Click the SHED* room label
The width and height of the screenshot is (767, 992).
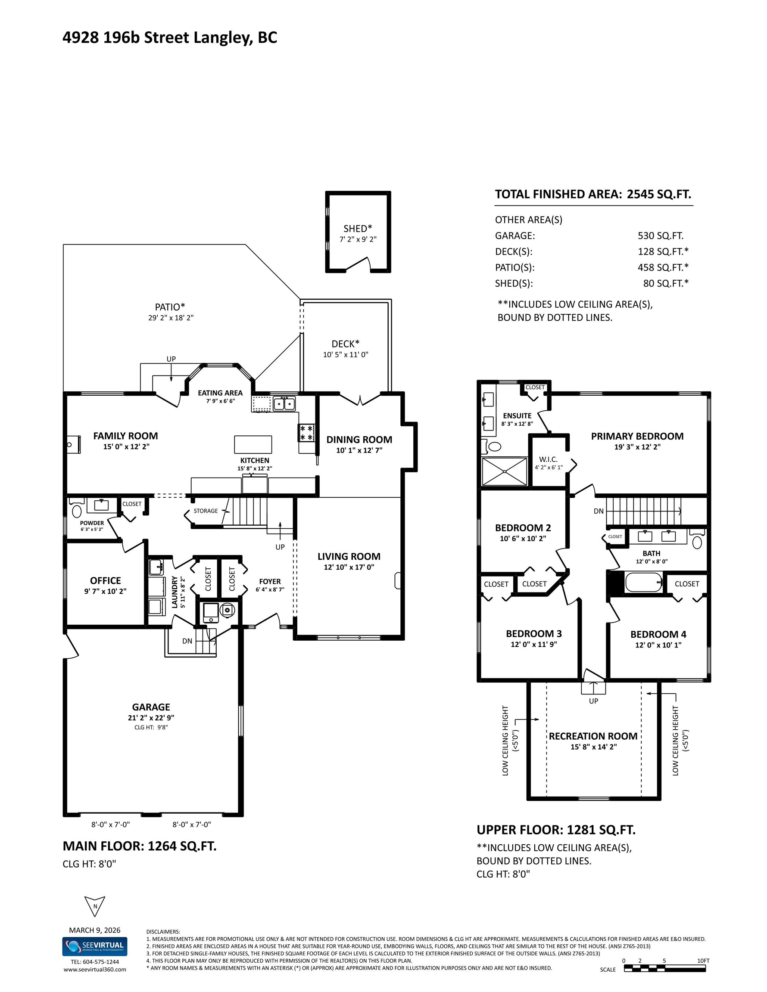358,229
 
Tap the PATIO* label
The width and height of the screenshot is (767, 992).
170,307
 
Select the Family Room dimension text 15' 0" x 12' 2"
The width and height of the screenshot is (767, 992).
126,446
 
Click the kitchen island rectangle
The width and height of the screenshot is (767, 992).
253,444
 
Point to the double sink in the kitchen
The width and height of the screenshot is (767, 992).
284,403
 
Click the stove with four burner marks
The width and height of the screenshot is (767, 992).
306,432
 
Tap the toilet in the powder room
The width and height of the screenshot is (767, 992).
77,509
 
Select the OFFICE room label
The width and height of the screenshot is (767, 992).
106,580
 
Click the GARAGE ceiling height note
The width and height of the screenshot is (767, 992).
151,727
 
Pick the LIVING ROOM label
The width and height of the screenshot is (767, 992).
349,556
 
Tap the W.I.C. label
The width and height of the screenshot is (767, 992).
548,459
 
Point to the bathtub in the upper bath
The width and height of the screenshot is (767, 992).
644,582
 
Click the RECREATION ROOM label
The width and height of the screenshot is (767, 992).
593,736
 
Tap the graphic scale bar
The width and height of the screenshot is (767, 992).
665,968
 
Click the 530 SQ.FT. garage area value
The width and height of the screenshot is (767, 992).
660,236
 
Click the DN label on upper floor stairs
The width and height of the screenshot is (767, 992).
599,511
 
